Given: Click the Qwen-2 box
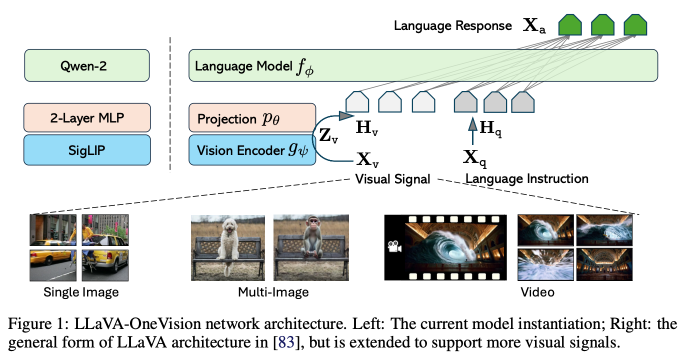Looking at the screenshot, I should [x=87, y=65].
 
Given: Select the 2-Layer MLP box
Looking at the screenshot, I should [x=87, y=118].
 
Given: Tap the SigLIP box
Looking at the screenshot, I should [x=87, y=149].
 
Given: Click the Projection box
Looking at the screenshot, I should [x=252, y=118].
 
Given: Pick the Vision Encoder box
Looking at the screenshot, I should [x=252, y=149].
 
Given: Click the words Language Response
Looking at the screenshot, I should [x=452, y=26].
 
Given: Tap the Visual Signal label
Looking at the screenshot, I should [x=392, y=178].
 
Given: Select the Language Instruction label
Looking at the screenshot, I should [x=527, y=178].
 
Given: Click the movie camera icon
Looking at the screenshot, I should [x=394, y=246].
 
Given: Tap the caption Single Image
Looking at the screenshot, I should [x=81, y=291].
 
